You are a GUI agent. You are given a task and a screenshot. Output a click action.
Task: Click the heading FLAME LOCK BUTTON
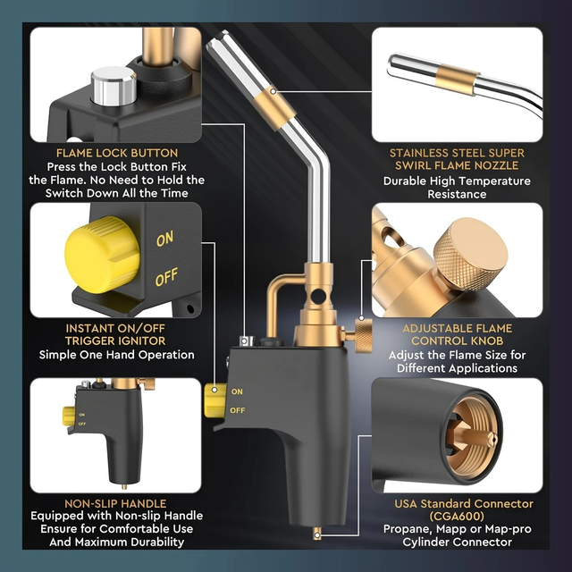[x=117, y=153]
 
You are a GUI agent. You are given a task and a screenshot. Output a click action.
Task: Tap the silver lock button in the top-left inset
[x=114, y=86]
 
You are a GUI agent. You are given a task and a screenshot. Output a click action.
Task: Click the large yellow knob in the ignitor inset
[x=102, y=255]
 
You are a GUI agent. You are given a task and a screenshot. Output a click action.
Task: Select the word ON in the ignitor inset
[x=164, y=239]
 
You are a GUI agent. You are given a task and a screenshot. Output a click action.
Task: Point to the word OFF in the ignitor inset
[x=166, y=276]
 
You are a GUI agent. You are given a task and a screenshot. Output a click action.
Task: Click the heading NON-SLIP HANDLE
[x=115, y=503]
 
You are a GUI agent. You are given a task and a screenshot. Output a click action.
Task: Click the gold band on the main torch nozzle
[x=274, y=107]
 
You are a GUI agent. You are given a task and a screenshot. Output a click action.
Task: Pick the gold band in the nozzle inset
[x=457, y=80]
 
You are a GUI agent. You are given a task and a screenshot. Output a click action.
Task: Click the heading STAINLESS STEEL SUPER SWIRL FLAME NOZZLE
[x=457, y=159]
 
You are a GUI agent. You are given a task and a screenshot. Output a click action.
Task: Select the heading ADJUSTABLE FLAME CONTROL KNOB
[x=457, y=334]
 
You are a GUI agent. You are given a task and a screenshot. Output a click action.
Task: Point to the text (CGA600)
[x=457, y=517]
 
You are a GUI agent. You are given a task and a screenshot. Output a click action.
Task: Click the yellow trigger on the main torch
[x=215, y=400]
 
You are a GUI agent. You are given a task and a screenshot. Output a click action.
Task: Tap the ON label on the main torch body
[x=237, y=391]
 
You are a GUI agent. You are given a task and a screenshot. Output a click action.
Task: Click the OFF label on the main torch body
[x=237, y=410]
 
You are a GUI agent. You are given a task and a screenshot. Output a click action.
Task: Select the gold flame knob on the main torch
[x=364, y=336]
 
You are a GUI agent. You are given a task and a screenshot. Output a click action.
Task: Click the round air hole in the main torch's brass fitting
[x=318, y=296]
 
